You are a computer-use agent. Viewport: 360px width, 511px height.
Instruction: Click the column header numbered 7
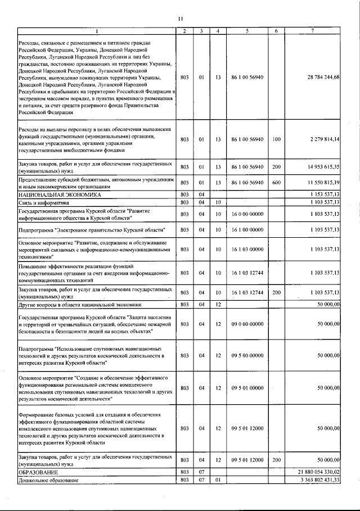point(312,30)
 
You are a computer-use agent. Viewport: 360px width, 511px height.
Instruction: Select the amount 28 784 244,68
point(319,76)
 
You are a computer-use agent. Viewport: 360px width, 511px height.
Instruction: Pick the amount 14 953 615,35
point(320,168)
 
